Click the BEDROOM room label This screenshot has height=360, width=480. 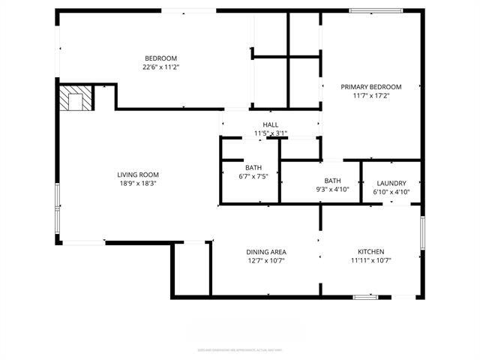tap(160, 58)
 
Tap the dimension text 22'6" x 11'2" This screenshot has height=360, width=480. tap(160, 67)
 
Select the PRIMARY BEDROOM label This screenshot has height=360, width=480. tap(371, 86)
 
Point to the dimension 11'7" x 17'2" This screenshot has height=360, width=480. tap(371, 95)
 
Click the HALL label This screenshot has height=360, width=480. tap(270, 124)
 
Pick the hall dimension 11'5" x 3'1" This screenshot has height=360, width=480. tap(270, 133)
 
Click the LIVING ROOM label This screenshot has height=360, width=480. tap(136, 174)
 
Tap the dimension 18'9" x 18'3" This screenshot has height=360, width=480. tap(136, 183)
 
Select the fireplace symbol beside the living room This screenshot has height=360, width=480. tap(76, 98)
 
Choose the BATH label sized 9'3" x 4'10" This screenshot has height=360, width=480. tap(332, 181)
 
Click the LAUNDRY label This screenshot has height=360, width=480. tap(391, 183)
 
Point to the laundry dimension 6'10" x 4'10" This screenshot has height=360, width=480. tap(391, 192)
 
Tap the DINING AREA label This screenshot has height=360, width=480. tap(266, 252)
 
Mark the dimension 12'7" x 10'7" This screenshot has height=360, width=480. tap(266, 261)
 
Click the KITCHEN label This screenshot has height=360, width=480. tap(370, 252)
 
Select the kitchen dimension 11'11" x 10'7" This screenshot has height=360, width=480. tap(370, 261)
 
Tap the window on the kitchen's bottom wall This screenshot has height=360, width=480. tap(365, 298)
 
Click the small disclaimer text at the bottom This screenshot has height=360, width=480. tap(240, 349)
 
